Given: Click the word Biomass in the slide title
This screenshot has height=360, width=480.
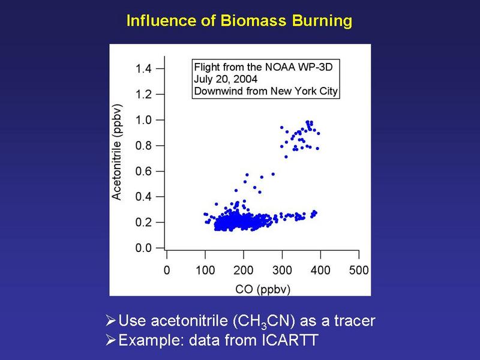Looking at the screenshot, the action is pos(253,21).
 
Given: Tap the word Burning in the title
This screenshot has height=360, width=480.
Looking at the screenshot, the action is pos(322,22).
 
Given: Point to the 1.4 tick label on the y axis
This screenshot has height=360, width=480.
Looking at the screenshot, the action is pos(143,68).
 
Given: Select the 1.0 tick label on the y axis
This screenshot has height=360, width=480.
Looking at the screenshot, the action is pos(143,120).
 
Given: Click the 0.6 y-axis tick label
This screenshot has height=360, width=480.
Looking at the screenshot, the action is pos(143,171).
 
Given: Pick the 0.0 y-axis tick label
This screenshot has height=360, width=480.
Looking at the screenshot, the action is pos(143,248).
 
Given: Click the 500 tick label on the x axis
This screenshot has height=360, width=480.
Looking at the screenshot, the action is pos(359,271).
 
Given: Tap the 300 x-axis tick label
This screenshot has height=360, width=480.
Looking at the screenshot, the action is pos(282,271).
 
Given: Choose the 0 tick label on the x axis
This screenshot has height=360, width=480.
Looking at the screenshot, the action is pos(167,271).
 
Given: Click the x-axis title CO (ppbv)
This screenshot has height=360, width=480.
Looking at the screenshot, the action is pos(263,289).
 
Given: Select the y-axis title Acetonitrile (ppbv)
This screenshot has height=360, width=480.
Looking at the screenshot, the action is pos(117,152).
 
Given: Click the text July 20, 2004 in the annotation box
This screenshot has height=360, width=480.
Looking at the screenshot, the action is pos(226,79).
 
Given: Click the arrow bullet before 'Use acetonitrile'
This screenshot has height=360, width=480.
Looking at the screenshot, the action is pos(110,320).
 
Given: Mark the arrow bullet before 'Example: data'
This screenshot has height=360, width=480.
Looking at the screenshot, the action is pos(110,340).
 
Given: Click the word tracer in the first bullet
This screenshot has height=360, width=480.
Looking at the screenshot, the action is pos(355,321).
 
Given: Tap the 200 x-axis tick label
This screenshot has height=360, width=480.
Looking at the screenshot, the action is pos(244,271).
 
